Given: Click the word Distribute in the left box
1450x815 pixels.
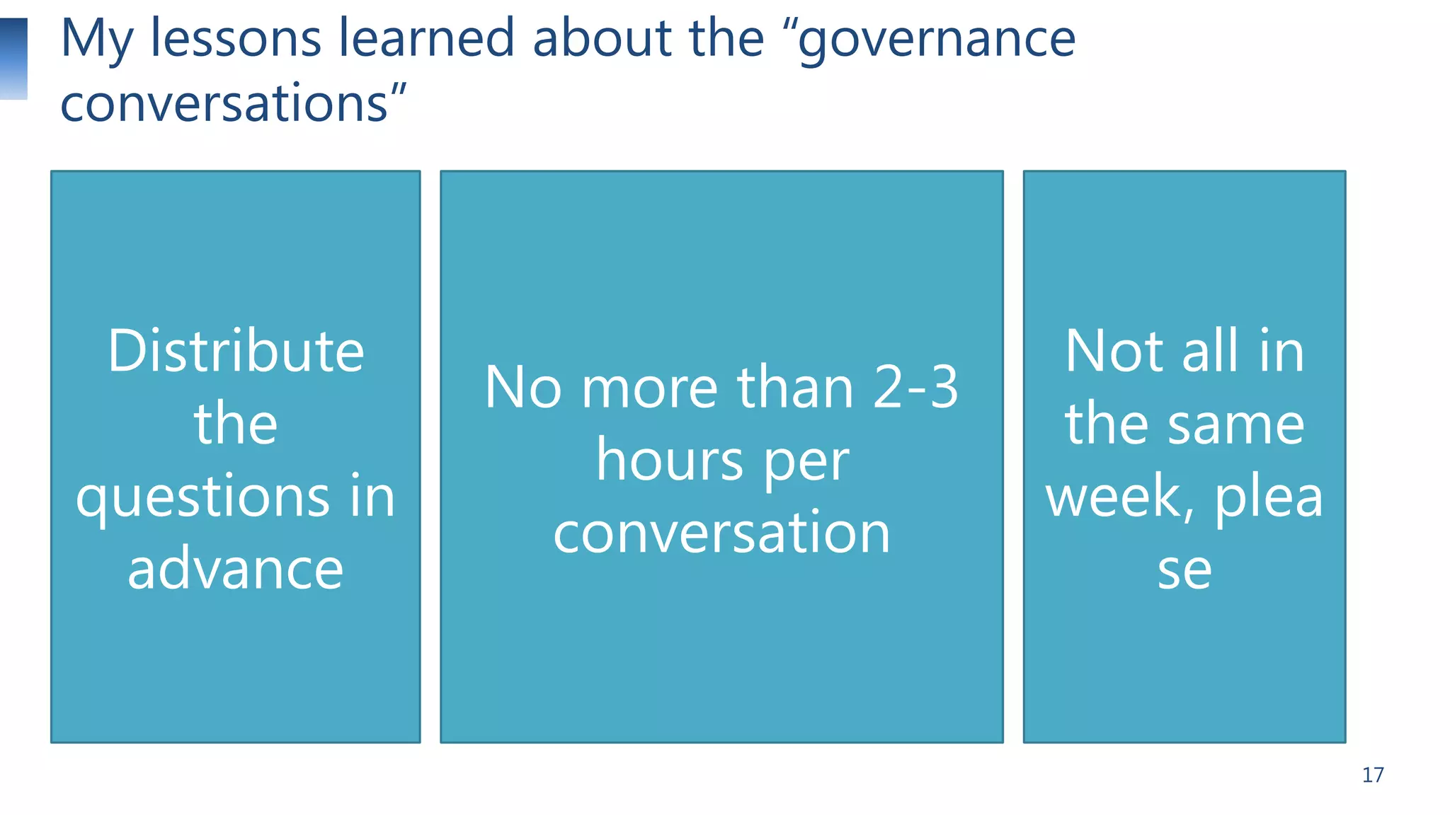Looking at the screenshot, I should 236,352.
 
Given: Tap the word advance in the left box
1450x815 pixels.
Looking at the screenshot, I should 236,570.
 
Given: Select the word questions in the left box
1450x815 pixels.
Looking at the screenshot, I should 202,498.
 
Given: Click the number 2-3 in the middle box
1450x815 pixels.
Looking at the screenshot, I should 915,388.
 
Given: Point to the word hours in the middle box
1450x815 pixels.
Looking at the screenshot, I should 669,461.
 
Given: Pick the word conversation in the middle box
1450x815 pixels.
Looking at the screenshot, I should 721,533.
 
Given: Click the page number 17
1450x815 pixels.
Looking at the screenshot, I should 1372,775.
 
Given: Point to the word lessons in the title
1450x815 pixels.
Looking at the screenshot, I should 236,38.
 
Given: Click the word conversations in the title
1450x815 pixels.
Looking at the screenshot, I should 224,103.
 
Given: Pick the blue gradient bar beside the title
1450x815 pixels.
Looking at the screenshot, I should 13,59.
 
